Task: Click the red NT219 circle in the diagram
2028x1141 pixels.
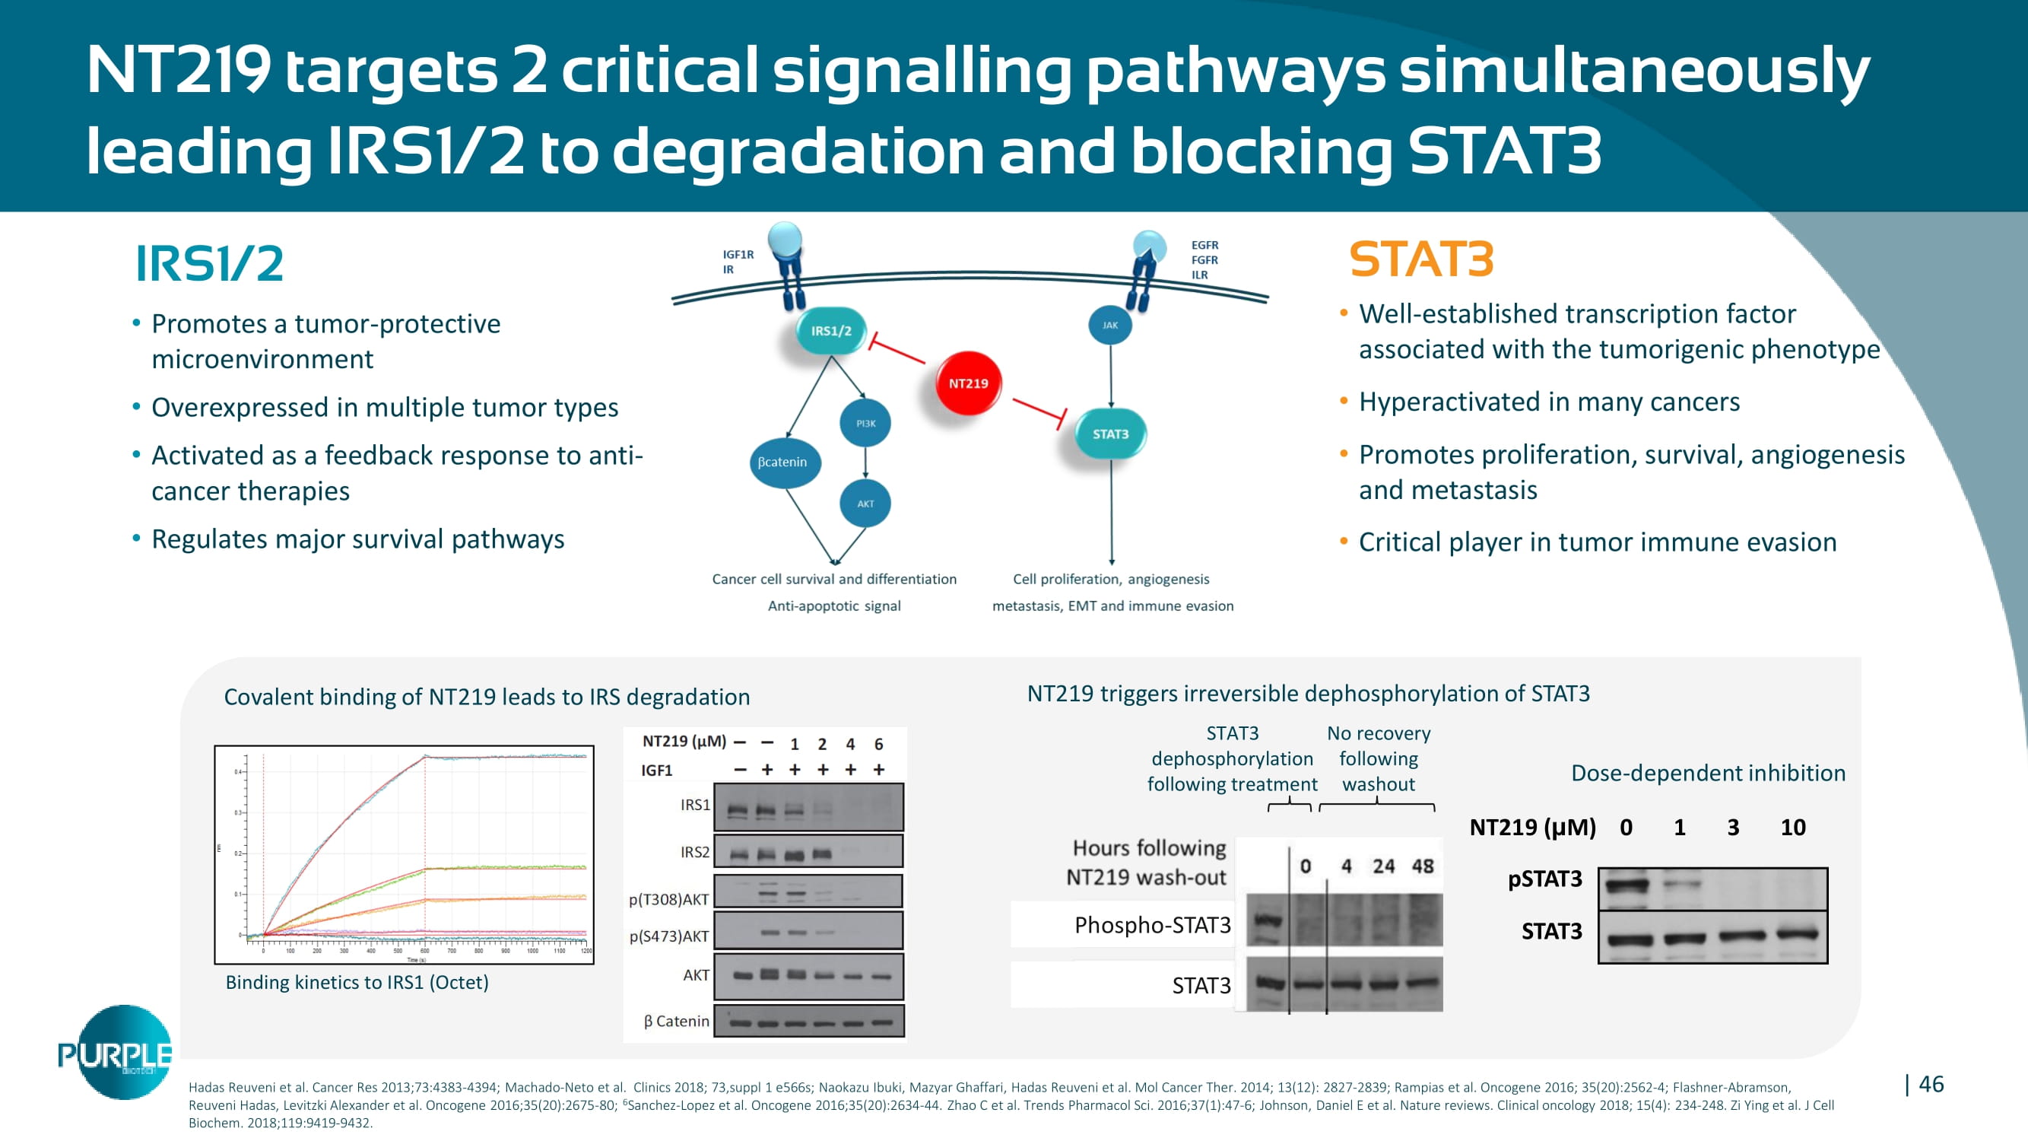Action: coord(967,383)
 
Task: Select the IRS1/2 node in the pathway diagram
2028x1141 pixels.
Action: coord(830,331)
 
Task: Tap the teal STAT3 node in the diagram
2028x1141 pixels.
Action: coord(1110,434)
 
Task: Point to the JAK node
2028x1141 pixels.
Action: coord(1110,326)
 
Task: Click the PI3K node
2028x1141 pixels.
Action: coord(865,424)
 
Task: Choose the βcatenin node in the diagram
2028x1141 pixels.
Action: coord(782,462)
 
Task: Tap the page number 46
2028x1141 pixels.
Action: coord(1931,1084)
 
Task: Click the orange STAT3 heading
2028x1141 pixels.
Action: coord(1421,260)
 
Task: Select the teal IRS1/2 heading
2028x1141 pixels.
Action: coord(209,264)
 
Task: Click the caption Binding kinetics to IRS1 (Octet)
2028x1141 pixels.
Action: coord(357,983)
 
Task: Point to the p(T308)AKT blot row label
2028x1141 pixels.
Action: coord(668,899)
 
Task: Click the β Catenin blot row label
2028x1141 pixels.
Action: coord(676,1022)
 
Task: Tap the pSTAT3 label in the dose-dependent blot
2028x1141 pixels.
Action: coord(1544,879)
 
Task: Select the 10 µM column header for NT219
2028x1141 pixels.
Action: coord(1792,828)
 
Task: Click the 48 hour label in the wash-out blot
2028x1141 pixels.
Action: coord(1423,866)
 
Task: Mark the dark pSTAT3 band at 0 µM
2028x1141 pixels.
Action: coord(1627,885)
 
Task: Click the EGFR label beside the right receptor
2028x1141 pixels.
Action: coord(1204,246)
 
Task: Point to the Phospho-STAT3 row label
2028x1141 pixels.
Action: coord(1152,925)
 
